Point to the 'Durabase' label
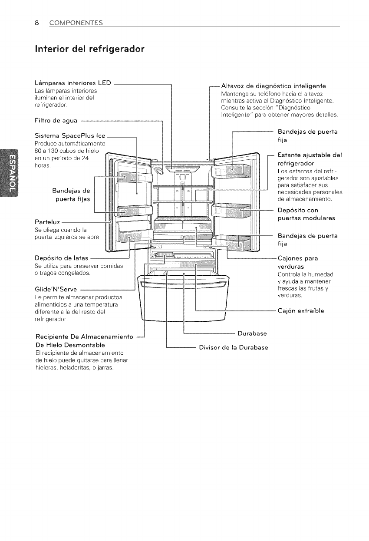pos(252,334)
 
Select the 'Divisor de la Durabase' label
pos(233,348)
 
